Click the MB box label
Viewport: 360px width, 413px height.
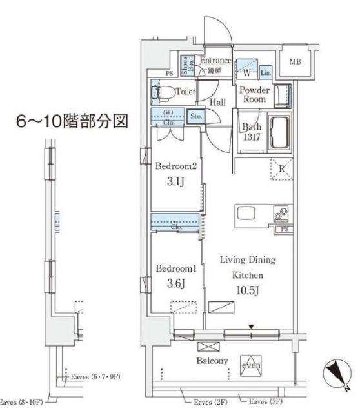click(x=295, y=62)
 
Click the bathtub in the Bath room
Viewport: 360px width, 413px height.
click(x=280, y=133)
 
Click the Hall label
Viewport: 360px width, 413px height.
click(x=217, y=102)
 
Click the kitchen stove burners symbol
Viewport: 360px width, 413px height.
click(x=282, y=214)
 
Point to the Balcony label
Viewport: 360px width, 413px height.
click(x=212, y=361)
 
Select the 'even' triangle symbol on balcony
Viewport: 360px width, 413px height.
click(x=250, y=365)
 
